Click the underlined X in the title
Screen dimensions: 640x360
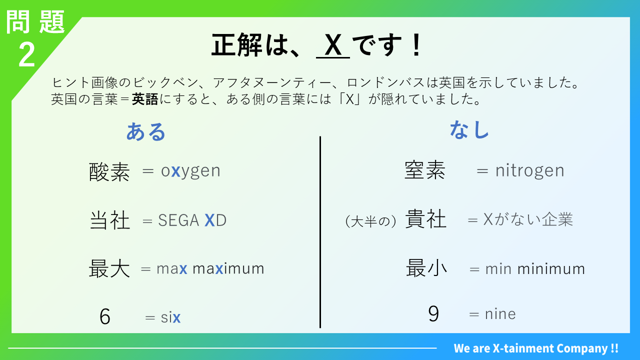(333, 45)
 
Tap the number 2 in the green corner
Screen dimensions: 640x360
(26, 55)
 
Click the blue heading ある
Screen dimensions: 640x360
(145, 131)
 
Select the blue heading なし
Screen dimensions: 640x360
(469, 129)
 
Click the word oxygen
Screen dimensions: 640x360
(190, 171)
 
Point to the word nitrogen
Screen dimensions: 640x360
(529, 171)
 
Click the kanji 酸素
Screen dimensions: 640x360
(109, 172)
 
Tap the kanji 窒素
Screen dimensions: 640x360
(425, 170)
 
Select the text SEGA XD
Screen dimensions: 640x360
(192, 220)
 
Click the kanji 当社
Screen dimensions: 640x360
(109, 220)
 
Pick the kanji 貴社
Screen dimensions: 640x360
(425, 219)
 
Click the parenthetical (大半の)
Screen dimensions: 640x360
(370, 221)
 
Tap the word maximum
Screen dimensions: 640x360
(228, 269)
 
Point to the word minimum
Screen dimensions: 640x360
(551, 269)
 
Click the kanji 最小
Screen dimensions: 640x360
(426, 268)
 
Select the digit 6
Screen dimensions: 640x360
(105, 316)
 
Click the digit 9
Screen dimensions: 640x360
(433, 314)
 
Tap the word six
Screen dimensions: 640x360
(170, 317)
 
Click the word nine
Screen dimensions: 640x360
(500, 314)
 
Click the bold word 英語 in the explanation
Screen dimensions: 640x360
(145, 99)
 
